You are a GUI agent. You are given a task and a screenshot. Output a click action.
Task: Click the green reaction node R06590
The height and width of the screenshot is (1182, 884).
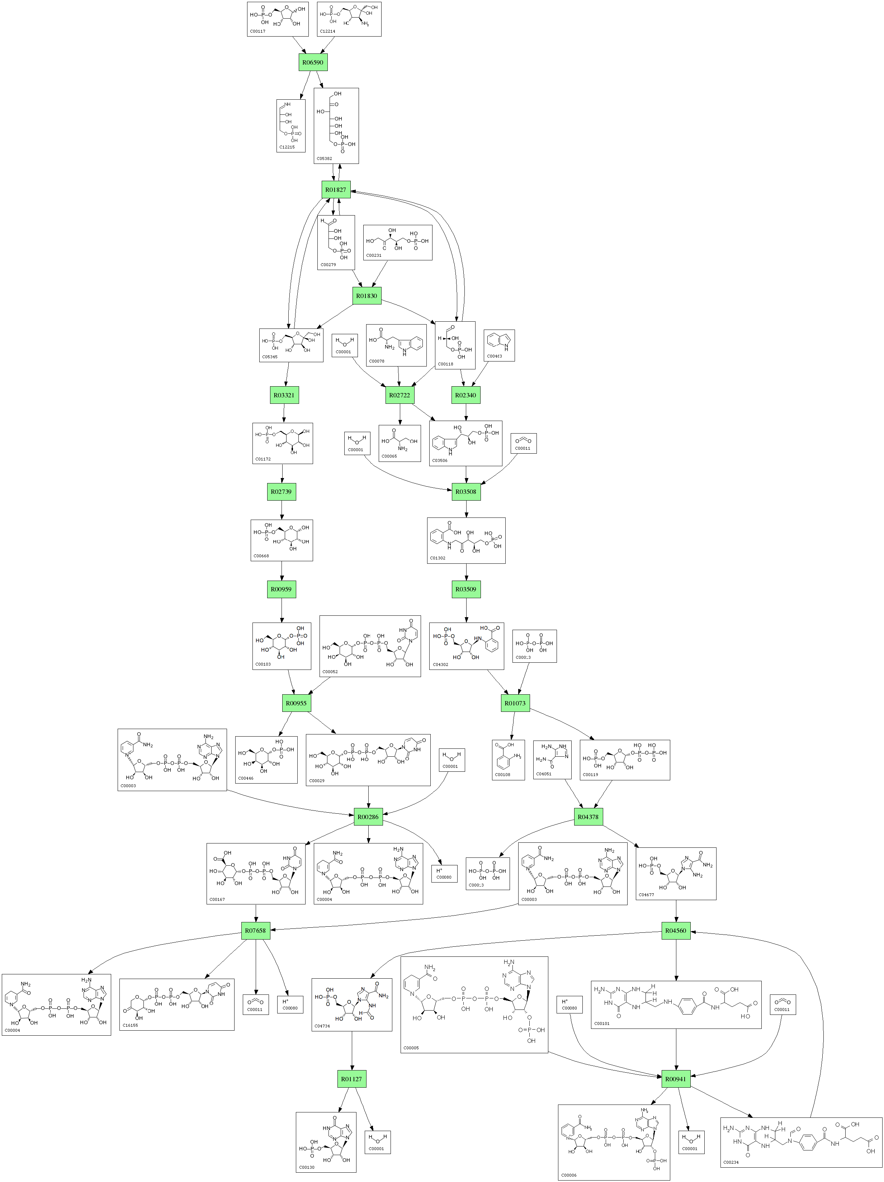pos(313,62)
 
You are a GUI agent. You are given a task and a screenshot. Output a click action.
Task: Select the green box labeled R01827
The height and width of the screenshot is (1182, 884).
pos(336,190)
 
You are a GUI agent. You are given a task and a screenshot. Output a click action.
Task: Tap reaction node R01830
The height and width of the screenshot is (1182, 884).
pos(367,295)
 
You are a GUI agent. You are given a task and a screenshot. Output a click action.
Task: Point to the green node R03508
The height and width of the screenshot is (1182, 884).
pos(465,492)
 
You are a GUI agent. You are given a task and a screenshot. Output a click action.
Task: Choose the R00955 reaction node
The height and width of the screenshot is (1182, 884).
pos(296,703)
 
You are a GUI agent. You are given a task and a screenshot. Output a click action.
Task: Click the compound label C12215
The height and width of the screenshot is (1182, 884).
pos(287,147)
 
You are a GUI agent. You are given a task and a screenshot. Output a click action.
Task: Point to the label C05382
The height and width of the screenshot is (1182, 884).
pos(325,159)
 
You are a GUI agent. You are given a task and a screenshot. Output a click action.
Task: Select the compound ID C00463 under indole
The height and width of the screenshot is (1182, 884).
pos(495,356)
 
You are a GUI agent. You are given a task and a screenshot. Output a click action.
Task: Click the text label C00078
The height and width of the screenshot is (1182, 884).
pos(377,361)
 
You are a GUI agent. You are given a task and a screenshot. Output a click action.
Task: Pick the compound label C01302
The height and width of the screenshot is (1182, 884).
pos(438,558)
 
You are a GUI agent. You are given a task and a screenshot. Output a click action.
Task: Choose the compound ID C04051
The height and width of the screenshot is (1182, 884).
pos(544,774)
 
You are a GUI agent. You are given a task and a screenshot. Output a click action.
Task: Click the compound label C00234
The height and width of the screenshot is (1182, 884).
pos(731,1162)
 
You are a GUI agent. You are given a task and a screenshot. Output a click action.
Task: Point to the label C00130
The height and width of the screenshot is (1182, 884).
pos(307,1168)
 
